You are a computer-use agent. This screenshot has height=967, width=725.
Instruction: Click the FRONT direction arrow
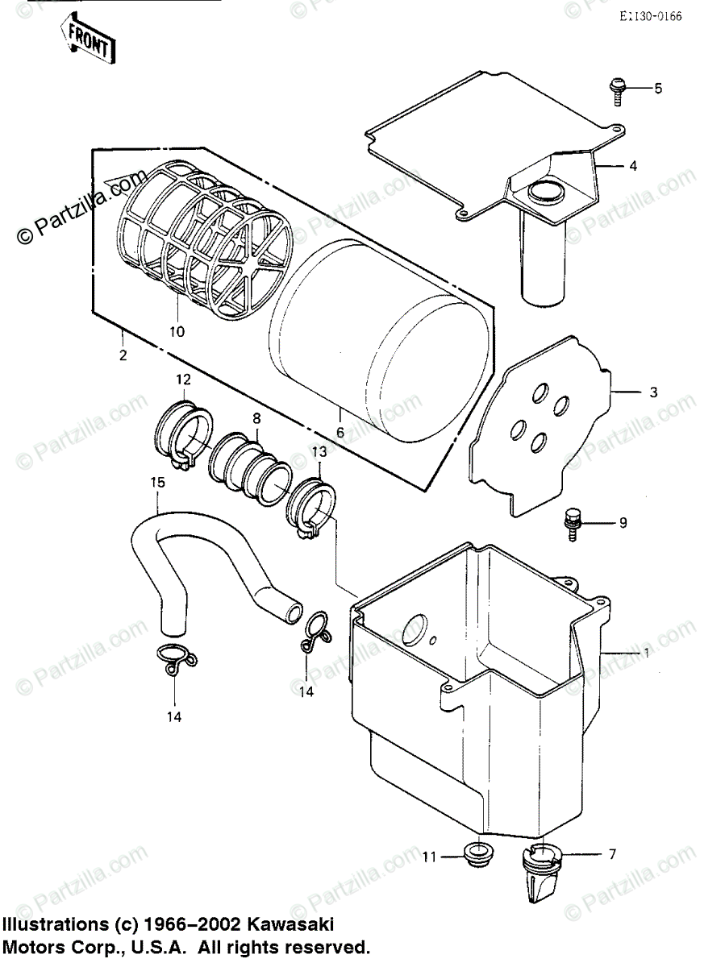87,40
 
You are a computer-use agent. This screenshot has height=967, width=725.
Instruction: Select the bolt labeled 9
573,522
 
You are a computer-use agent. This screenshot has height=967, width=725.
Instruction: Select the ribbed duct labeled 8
248,467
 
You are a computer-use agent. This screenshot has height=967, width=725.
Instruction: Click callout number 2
123,355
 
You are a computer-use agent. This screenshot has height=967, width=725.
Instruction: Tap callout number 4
633,166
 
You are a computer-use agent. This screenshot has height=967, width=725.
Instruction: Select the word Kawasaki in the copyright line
291,923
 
